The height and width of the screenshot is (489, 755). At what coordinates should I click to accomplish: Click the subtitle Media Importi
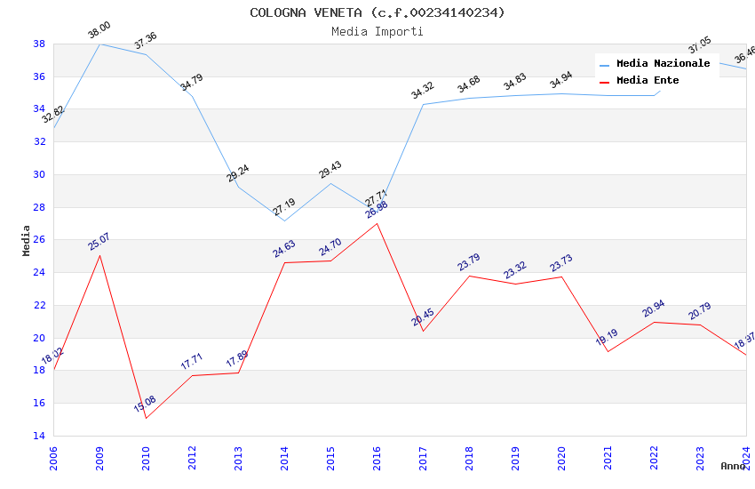tap(377, 31)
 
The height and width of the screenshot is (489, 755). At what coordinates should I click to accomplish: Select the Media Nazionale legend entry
tap(663, 63)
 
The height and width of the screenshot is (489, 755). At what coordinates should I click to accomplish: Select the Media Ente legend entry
tap(648, 80)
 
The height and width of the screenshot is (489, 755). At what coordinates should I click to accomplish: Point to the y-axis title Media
tap(26, 239)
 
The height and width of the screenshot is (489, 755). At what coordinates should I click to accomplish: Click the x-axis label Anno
tap(733, 466)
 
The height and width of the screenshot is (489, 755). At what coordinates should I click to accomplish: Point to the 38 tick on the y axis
tap(39, 44)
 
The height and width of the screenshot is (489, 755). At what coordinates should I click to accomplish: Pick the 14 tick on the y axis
tap(39, 436)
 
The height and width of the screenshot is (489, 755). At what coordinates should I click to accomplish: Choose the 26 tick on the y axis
tap(39, 240)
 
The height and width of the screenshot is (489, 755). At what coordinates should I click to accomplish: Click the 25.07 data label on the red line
tap(99, 241)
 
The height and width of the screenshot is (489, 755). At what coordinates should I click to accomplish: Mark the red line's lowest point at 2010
tap(146, 418)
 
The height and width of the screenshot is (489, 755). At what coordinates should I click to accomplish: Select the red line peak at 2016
tap(377, 223)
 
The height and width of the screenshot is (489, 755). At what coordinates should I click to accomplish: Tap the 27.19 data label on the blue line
tap(284, 207)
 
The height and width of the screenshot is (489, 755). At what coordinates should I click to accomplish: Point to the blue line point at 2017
tap(423, 104)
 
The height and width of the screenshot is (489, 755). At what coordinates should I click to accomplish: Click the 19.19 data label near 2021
tap(607, 337)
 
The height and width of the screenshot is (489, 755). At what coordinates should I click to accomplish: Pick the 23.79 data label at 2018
tap(469, 262)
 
